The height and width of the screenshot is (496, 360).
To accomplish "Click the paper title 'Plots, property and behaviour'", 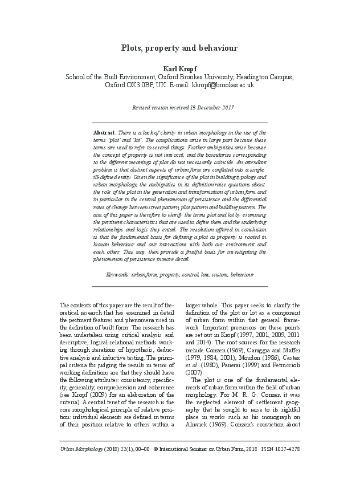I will pyautogui.click(x=179, y=48).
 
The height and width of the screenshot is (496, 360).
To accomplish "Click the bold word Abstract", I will pyautogui.click(x=104, y=132).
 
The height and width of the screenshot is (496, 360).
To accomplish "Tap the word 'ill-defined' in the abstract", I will pyautogui.click(x=107, y=177).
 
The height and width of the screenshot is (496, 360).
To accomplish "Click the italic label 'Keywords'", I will pyautogui.click(x=117, y=274).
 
